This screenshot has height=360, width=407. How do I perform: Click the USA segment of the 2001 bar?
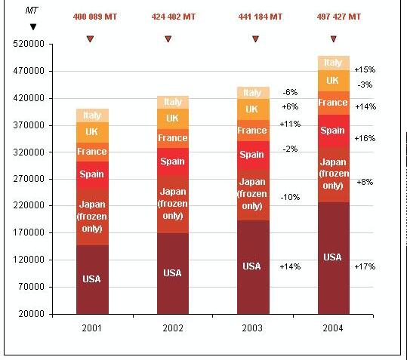92,279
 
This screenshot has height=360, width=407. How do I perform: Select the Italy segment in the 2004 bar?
334,63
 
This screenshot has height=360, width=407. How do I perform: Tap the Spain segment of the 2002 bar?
173,162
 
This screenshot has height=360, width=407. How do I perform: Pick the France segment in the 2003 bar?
253,131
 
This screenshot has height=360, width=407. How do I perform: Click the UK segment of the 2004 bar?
334,81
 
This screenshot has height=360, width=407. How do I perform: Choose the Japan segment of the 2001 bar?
92,217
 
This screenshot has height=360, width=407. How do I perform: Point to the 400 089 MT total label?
95,17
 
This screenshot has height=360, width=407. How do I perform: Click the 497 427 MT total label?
339,17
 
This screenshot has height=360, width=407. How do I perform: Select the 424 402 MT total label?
174,17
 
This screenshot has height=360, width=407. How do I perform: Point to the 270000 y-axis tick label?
29,179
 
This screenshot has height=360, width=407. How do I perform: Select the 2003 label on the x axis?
252,328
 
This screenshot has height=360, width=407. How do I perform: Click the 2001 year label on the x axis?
91,328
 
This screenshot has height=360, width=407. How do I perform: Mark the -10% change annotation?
290,197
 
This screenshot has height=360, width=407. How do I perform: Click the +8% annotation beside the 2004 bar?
365,182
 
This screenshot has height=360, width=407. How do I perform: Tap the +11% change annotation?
290,124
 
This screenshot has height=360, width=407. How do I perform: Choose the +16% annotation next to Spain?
365,138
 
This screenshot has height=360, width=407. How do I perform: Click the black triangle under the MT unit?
33,26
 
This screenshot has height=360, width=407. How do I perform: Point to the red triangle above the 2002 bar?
168,39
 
